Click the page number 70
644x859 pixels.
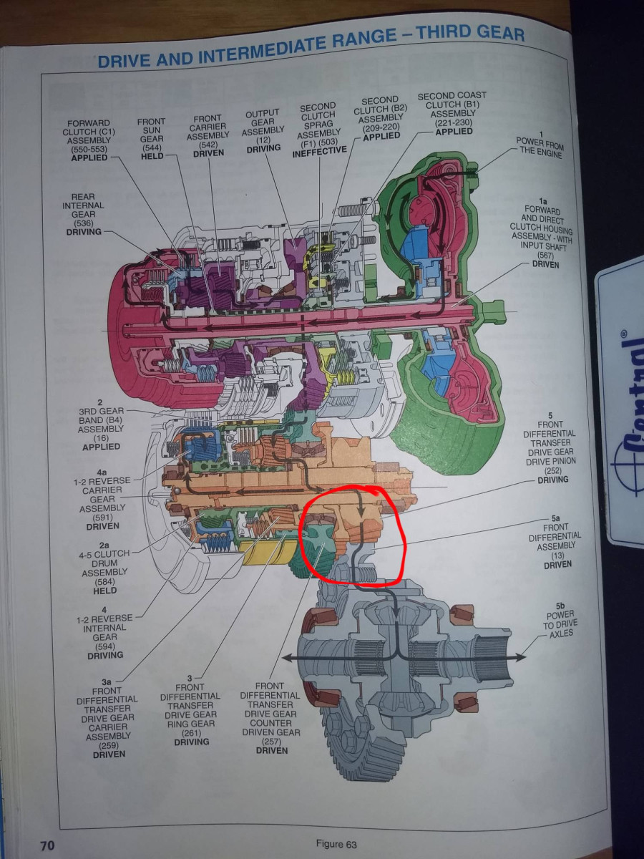47,845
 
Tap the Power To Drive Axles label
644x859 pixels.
560,623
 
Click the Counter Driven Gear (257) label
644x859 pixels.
270,718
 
